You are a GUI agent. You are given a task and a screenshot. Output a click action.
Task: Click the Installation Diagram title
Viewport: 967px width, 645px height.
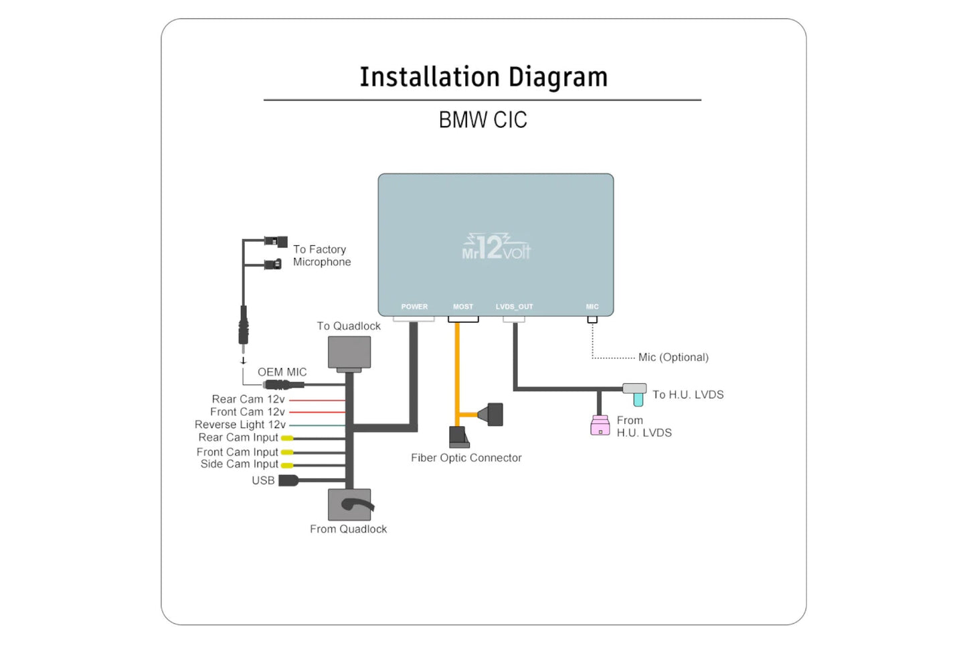point(483,77)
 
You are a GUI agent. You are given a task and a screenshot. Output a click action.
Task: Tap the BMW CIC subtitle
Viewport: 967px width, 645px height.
point(482,120)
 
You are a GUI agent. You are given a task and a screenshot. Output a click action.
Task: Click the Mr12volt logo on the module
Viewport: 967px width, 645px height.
point(496,247)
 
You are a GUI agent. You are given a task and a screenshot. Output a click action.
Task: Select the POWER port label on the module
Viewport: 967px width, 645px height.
point(414,307)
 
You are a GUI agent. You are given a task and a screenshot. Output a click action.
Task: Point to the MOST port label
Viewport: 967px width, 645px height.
point(463,307)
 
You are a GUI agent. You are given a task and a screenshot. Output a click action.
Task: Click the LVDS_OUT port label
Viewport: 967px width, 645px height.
point(514,307)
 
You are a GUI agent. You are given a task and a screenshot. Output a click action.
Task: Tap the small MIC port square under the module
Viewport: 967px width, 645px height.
point(592,319)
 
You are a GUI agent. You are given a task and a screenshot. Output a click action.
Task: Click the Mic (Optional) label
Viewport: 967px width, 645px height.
point(673,358)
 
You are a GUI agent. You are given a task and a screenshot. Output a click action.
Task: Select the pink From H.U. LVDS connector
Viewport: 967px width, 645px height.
point(600,426)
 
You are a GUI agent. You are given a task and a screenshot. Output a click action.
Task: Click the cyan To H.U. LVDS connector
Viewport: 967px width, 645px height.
point(638,399)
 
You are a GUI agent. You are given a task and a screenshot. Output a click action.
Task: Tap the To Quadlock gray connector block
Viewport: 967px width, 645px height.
point(349,353)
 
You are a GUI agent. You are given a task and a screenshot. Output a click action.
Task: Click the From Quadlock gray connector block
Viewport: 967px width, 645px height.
point(349,504)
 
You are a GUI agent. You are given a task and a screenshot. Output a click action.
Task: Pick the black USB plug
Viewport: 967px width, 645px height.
point(288,480)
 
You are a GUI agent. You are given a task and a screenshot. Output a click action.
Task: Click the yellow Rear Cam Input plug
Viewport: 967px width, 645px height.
point(287,438)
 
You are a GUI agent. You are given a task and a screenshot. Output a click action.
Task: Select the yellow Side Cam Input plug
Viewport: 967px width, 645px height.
point(287,465)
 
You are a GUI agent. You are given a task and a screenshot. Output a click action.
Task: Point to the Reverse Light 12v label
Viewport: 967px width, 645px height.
point(240,425)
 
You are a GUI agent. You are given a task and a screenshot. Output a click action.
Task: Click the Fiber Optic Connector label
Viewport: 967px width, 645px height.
point(466,458)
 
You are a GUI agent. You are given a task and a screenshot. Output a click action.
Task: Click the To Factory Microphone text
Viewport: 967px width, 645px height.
point(321,256)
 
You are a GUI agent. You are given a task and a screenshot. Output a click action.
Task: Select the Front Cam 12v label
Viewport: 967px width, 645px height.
point(247,412)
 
